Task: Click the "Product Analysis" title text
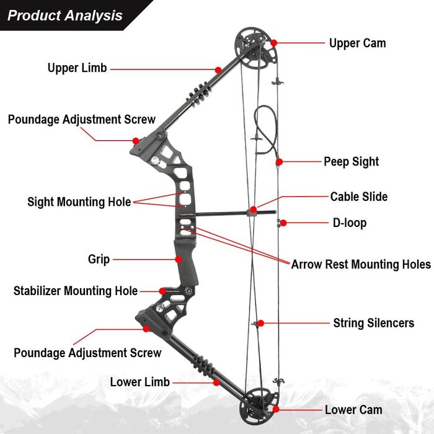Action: pos(65,15)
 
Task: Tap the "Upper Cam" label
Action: pos(357,43)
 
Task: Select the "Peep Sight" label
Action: pos(351,161)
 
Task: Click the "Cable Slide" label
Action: pos(358,197)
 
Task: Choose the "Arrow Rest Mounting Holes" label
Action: pos(361,264)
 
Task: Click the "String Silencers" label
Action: pos(373,322)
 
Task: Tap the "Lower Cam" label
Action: pos(353,410)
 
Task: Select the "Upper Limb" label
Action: pos(77,68)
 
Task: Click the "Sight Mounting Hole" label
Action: pos(79,201)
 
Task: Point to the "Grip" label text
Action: pos(99,259)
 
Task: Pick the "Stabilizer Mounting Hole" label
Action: pos(76,290)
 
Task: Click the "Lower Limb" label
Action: pos(139,382)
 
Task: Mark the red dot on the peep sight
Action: pos(279,161)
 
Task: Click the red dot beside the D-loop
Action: pos(283,223)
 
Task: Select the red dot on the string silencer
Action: pos(262,322)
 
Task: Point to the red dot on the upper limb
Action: pos(218,69)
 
